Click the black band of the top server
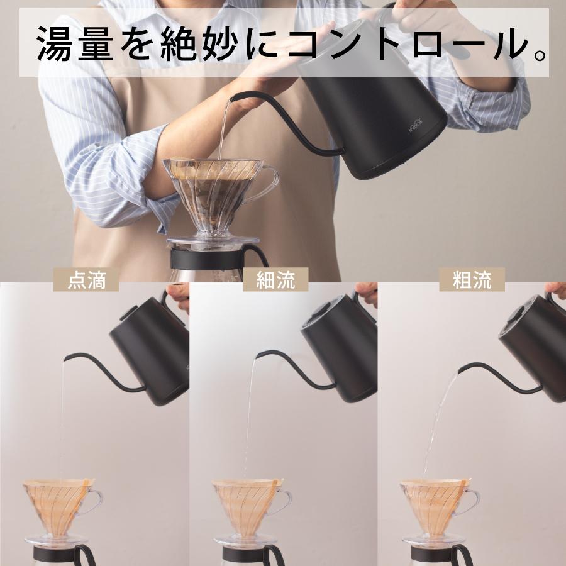[x=208, y=258]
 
